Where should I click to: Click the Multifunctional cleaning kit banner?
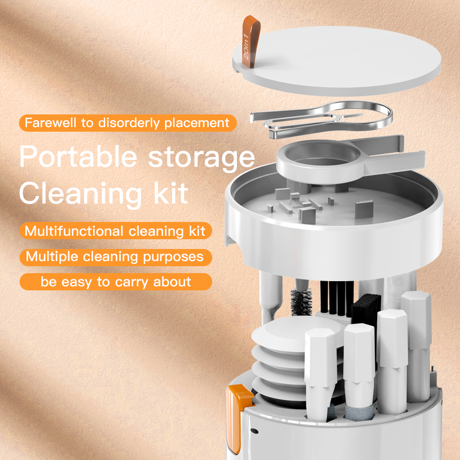pos(116,231)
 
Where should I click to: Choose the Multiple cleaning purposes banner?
pos(116,256)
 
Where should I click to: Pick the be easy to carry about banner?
pos(116,282)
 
